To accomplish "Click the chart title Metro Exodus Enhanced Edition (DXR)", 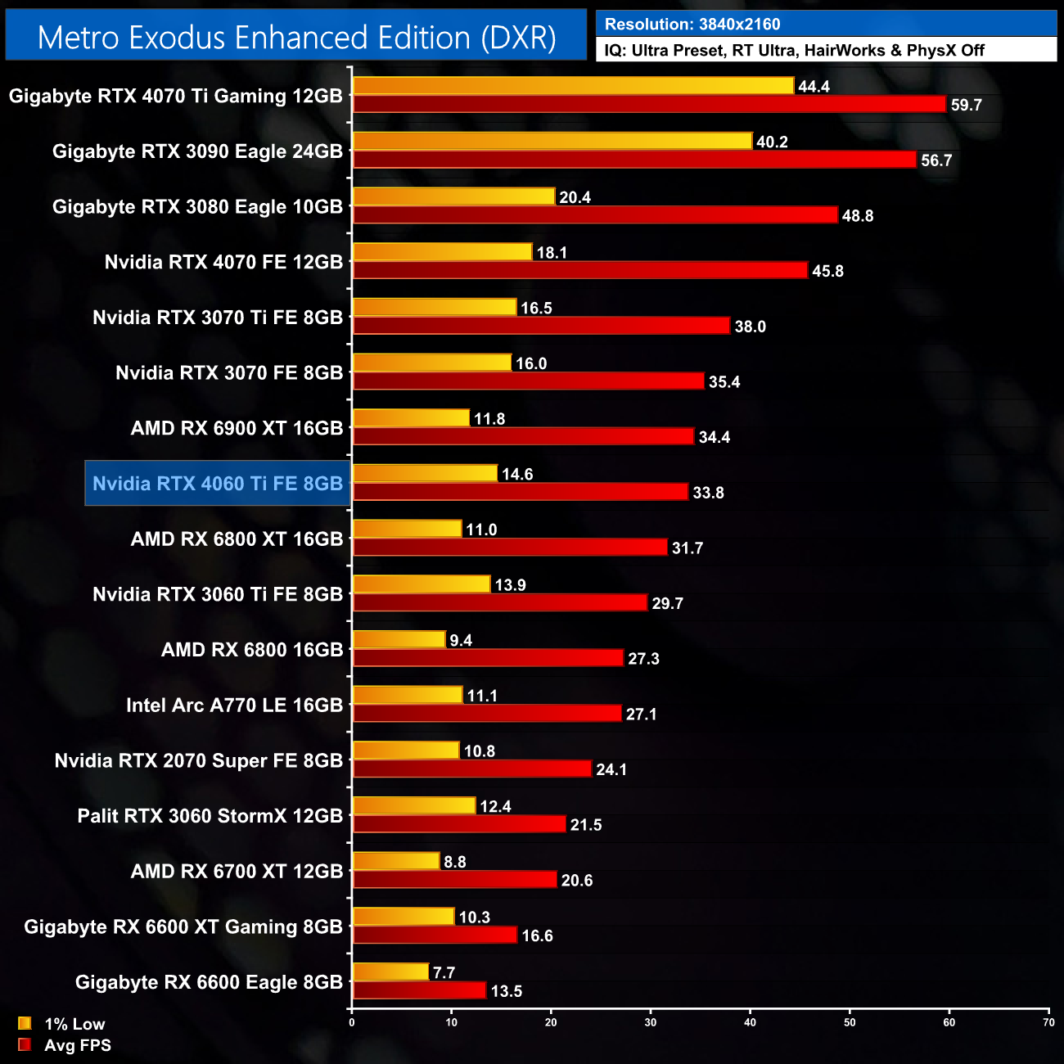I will pyautogui.click(x=296, y=38).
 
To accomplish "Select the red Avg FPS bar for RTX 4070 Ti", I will pyautogui.click(x=649, y=104).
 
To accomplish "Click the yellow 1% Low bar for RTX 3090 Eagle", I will pyautogui.click(x=552, y=141).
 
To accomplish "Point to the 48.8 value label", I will pyautogui.click(x=857, y=216).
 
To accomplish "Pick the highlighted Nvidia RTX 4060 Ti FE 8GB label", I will pyautogui.click(x=218, y=484).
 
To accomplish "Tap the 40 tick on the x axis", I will pyautogui.click(x=750, y=1022).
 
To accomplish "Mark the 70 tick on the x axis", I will pyautogui.click(x=1048, y=1022).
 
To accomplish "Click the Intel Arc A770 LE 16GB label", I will pyautogui.click(x=234, y=706).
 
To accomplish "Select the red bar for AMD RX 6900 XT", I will pyautogui.click(x=523, y=436).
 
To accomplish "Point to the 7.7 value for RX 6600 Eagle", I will pyautogui.click(x=444, y=972).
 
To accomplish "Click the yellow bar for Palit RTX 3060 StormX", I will pyautogui.click(x=414, y=806).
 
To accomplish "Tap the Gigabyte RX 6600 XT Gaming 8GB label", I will pyautogui.click(x=183, y=926).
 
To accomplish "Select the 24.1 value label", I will pyautogui.click(x=611, y=769).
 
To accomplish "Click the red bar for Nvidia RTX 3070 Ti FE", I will pyautogui.click(x=541, y=326).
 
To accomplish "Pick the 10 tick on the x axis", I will pyautogui.click(x=451, y=1022).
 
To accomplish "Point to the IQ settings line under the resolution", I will pyautogui.click(x=794, y=51).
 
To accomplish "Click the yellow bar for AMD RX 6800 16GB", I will pyautogui.click(x=399, y=640).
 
